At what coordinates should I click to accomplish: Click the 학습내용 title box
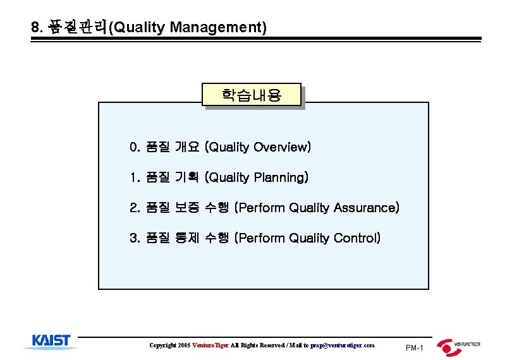pos(252,96)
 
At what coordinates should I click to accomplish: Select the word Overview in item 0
pos(280,147)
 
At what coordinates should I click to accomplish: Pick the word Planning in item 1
pos(279,177)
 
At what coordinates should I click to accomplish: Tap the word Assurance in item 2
pos(365,208)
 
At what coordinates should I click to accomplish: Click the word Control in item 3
pos(355,238)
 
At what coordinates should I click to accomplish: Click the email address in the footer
pos(343,345)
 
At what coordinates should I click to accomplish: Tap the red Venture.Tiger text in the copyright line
pos(211,345)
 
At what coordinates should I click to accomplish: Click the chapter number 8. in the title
pos(37,28)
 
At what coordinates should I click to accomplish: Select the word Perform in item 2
pos(262,208)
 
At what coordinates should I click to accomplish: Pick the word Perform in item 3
pos(262,238)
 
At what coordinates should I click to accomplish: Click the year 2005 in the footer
pos(184,345)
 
